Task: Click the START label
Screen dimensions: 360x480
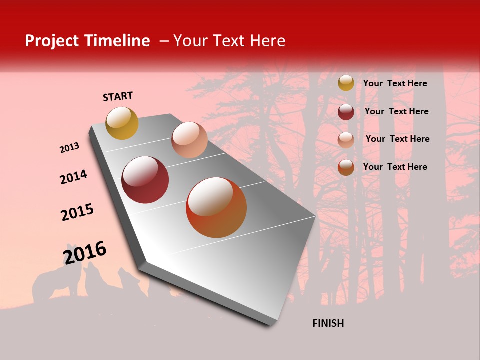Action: click(x=118, y=96)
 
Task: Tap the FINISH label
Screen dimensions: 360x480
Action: click(x=328, y=323)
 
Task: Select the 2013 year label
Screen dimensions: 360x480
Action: click(x=69, y=148)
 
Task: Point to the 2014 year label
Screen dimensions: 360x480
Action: click(x=73, y=177)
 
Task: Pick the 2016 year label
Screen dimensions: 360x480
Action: click(x=85, y=253)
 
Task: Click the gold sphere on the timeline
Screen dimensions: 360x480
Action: click(x=122, y=123)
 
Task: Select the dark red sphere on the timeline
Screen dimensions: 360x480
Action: click(x=145, y=180)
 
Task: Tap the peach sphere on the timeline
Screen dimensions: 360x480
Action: click(x=189, y=140)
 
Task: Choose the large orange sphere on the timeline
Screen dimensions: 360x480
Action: click(x=216, y=207)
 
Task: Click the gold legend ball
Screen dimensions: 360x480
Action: click(x=346, y=83)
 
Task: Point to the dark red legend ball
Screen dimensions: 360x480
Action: click(x=346, y=112)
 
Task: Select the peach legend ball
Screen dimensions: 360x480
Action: click(x=346, y=140)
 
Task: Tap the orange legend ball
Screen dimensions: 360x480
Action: click(x=346, y=167)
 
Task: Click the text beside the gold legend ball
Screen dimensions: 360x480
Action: click(x=395, y=83)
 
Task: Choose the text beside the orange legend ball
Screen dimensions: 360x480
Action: click(x=395, y=167)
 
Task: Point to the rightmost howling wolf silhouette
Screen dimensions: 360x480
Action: click(x=131, y=282)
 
